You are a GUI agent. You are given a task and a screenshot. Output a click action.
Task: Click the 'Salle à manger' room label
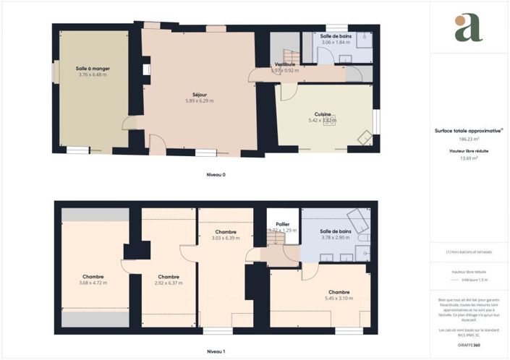tap(93, 68)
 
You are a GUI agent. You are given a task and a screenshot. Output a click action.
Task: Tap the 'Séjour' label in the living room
tap(200, 94)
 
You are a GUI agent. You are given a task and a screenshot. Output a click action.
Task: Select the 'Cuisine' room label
tap(323, 113)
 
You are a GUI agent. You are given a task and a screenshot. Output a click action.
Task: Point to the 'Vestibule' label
tap(284, 64)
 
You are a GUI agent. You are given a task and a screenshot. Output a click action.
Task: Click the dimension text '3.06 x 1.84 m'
tap(336, 42)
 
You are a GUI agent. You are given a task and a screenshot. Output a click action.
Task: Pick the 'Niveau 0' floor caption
tap(215, 174)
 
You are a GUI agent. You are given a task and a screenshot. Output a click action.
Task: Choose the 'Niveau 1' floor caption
tap(215, 351)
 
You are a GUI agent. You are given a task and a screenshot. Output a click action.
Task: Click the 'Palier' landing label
tap(283, 224)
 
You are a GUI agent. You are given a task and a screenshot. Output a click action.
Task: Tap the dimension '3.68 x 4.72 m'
tap(93, 283)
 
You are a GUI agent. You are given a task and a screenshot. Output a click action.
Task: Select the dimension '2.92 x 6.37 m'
tap(169, 283)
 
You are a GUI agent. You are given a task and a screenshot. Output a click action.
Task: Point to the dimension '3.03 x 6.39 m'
tap(226, 238)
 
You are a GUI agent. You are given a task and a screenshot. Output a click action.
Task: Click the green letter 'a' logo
tap(468, 27)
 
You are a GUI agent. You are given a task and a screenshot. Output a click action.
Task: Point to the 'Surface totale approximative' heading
tap(467, 131)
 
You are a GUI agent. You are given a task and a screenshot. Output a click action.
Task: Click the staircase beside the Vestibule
tap(290, 55)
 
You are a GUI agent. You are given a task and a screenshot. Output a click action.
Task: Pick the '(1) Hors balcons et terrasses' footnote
tap(469, 252)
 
